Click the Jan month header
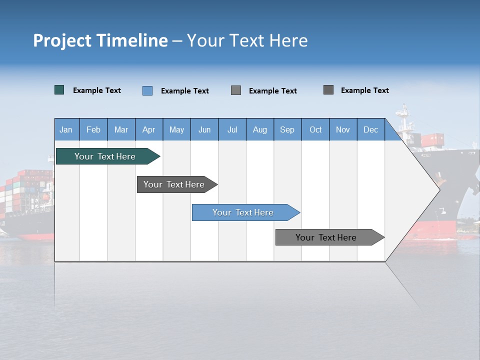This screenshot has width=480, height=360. pyautogui.click(x=66, y=129)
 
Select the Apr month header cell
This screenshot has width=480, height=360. pyautogui.click(x=149, y=129)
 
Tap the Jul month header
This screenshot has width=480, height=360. pyautogui.click(x=232, y=129)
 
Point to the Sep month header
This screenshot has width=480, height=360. pyautogui.click(x=287, y=129)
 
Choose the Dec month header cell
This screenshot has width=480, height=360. pyautogui.click(x=370, y=129)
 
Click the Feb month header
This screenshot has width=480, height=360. pyautogui.click(x=93, y=129)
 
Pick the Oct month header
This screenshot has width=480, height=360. pyautogui.click(x=315, y=129)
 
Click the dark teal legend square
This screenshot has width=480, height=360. pyautogui.click(x=59, y=90)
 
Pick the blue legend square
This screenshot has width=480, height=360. pyautogui.click(x=147, y=90)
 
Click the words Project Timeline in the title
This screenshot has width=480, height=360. pyautogui.click(x=100, y=40)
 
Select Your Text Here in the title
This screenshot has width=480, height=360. pyautogui.click(x=247, y=40)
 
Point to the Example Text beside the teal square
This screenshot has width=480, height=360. pyautogui.click(x=97, y=90)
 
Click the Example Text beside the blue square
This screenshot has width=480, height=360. pyautogui.click(x=185, y=91)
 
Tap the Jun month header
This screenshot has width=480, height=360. pyautogui.click(x=204, y=129)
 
